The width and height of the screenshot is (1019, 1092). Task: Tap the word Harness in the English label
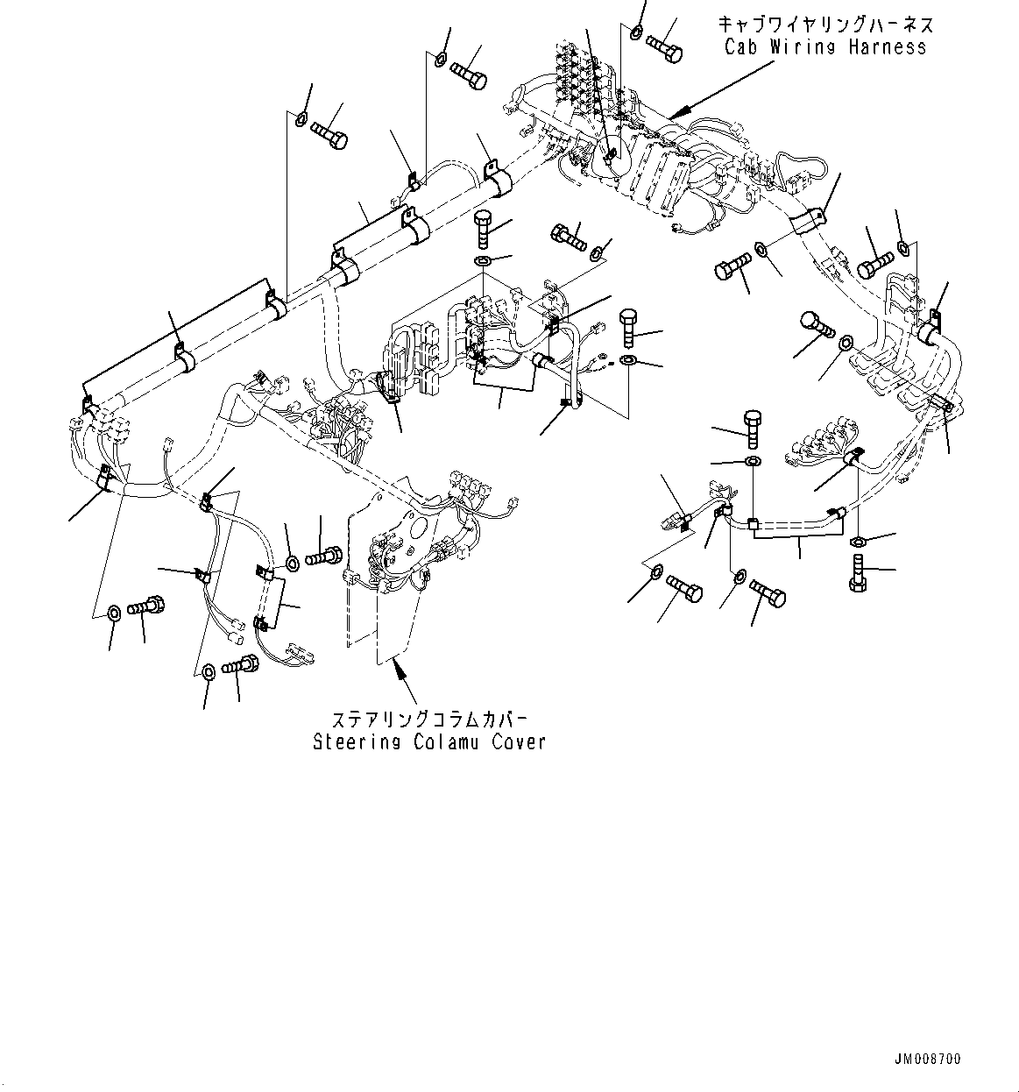pos(887,47)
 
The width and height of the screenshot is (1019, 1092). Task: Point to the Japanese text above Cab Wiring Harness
pos(824,24)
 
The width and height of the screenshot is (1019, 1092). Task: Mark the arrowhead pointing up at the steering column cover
pos(399,670)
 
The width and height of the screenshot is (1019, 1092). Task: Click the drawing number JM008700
pos(928,1060)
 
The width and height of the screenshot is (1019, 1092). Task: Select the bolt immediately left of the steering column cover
pos(324,556)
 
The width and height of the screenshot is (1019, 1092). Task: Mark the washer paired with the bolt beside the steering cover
pos(292,564)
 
